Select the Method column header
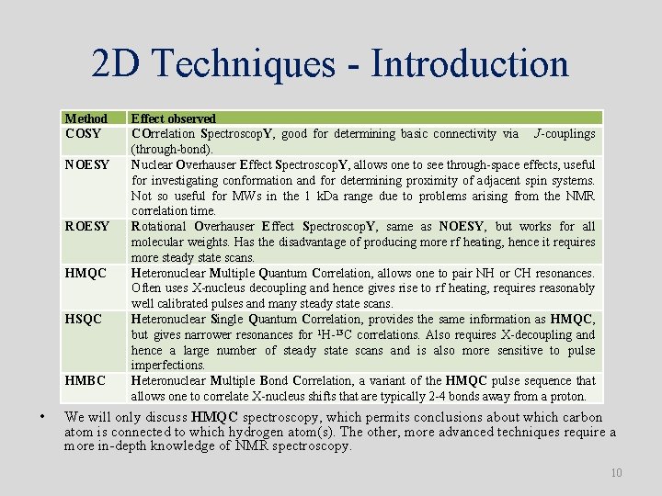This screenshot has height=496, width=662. (86, 118)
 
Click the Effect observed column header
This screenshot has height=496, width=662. (173, 118)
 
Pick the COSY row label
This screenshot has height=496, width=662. (83, 134)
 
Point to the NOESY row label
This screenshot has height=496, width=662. (87, 165)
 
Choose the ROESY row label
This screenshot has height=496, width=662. (87, 227)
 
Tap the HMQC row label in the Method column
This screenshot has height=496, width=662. (86, 274)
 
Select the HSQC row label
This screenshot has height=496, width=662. (85, 320)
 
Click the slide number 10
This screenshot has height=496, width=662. (616, 473)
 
